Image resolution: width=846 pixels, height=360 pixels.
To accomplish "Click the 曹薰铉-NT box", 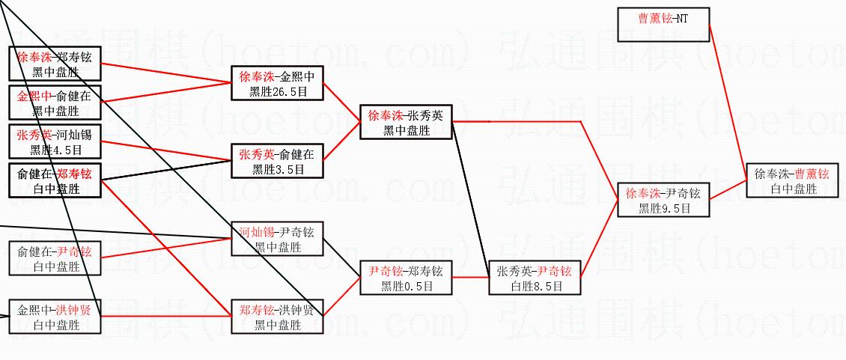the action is click(x=663, y=25).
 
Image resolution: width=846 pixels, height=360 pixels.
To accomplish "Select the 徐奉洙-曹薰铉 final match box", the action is click(x=792, y=180).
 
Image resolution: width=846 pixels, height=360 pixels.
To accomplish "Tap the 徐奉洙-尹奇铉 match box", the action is click(x=663, y=201).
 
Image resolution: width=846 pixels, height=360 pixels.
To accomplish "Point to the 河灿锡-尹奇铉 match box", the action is click(x=277, y=239).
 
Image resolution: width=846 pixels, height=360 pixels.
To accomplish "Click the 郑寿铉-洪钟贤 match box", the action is click(x=277, y=317).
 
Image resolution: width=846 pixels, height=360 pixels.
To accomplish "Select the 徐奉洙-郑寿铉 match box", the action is click(x=54, y=64).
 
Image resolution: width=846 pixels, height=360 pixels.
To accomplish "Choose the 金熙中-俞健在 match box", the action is click(x=54, y=103).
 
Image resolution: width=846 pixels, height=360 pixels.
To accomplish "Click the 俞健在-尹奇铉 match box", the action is click(x=54, y=259).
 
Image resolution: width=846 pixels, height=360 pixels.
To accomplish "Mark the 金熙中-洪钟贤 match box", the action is click(x=54, y=317).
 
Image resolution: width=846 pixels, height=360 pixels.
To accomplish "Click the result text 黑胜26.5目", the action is click(x=277, y=91).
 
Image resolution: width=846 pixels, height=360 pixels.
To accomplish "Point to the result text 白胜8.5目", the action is click(x=534, y=285).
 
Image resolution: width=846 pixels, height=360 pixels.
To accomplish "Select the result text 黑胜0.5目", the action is click(x=406, y=285).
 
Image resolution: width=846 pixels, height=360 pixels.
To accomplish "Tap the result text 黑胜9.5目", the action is click(x=663, y=209).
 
